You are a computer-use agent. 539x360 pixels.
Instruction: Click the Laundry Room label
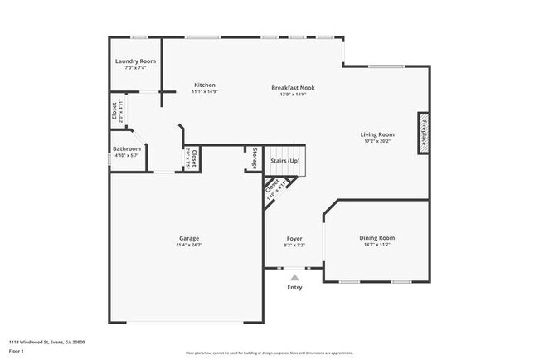pyautogui.click(x=135, y=61)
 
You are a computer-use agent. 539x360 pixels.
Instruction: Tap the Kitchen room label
pyautogui.click(x=205, y=85)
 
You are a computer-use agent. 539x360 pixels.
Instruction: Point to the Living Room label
pyautogui.click(x=377, y=134)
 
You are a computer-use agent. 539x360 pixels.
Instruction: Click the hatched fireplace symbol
pyautogui.click(x=422, y=133)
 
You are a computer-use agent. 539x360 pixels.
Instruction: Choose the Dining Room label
pyautogui.click(x=377, y=237)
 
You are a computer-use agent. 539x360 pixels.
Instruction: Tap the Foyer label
pyautogui.click(x=294, y=239)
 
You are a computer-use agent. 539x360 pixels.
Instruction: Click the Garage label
pyautogui.click(x=187, y=238)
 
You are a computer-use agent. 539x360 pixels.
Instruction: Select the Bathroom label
pyautogui.click(x=127, y=148)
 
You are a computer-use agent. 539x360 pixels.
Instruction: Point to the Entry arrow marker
pyautogui.click(x=294, y=277)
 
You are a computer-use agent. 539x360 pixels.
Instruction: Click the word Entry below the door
pyautogui.click(x=294, y=288)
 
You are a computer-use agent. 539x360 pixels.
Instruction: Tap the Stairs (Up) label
pyautogui.click(x=284, y=159)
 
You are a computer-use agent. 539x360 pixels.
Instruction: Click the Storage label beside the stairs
pyautogui.click(x=255, y=158)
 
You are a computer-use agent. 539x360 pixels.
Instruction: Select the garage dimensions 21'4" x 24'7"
pyautogui.click(x=187, y=246)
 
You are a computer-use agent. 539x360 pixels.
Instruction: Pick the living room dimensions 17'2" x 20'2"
pyautogui.click(x=377, y=142)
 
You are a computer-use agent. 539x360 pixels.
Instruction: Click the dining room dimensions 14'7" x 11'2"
pyautogui.click(x=377, y=245)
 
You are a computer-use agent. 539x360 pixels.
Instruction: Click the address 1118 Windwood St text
pyautogui.click(x=46, y=342)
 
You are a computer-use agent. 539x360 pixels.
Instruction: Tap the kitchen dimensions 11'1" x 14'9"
pyautogui.click(x=205, y=92)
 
